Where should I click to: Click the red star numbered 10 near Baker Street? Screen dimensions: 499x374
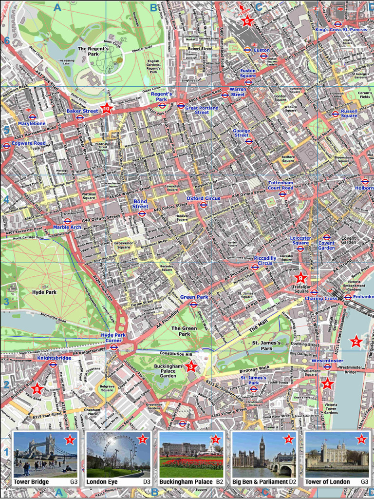pos(107,109)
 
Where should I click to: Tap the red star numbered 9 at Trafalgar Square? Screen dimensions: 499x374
pos(300,278)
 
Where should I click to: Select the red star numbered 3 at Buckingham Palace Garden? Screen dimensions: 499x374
pos(191,367)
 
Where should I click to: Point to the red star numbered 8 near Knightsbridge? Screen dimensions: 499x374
pos(37,388)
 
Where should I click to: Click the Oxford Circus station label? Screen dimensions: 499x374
pos(203,198)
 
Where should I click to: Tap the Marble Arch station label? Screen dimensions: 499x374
pos(67,227)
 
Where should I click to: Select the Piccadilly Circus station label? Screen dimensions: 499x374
pos(265,261)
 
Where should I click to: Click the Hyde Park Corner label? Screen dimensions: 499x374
pos(113,338)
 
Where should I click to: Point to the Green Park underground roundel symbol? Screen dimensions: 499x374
pos(193,305)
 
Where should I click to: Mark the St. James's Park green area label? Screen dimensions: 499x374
pos(266,346)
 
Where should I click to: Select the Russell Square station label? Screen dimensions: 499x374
pos(349,113)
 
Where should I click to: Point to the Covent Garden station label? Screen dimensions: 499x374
pos(326,246)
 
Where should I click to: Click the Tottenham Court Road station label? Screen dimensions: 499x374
pos(280,185)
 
